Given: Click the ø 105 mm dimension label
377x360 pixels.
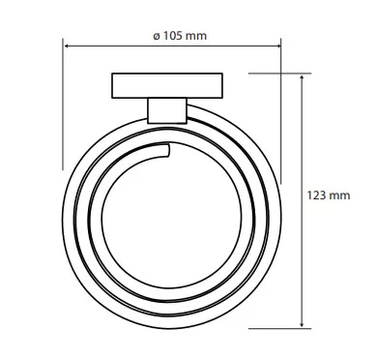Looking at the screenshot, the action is point(180,36).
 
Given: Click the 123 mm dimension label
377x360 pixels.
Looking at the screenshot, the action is point(329,195).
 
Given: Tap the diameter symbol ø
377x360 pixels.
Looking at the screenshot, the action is point(157,36).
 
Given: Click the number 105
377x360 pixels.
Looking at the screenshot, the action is point(172,36).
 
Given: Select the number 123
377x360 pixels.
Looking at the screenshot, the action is point(316,195).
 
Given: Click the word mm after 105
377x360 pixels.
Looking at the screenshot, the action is point(196,36).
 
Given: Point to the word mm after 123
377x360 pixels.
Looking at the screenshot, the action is point(339,196).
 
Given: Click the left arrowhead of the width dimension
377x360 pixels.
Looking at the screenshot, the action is point(66,46).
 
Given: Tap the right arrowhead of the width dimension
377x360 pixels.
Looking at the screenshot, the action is point(278,46).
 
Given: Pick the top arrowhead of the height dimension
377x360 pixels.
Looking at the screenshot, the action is point(302,77).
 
